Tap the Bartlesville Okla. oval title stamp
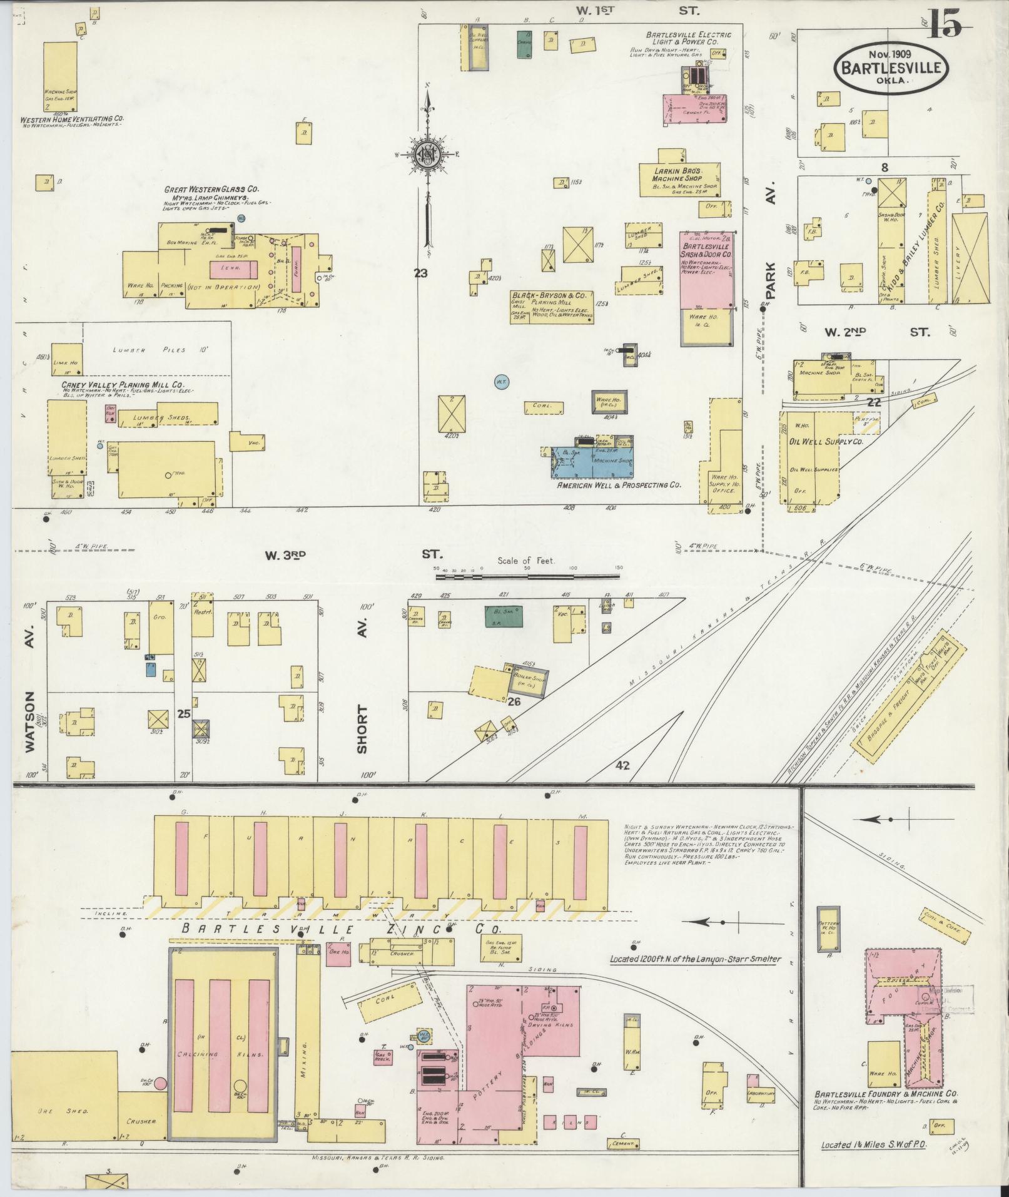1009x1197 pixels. pos(891,69)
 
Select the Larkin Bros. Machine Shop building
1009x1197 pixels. pos(679,175)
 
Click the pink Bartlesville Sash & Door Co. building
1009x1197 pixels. pos(707,270)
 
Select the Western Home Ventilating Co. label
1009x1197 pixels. pos(72,118)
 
